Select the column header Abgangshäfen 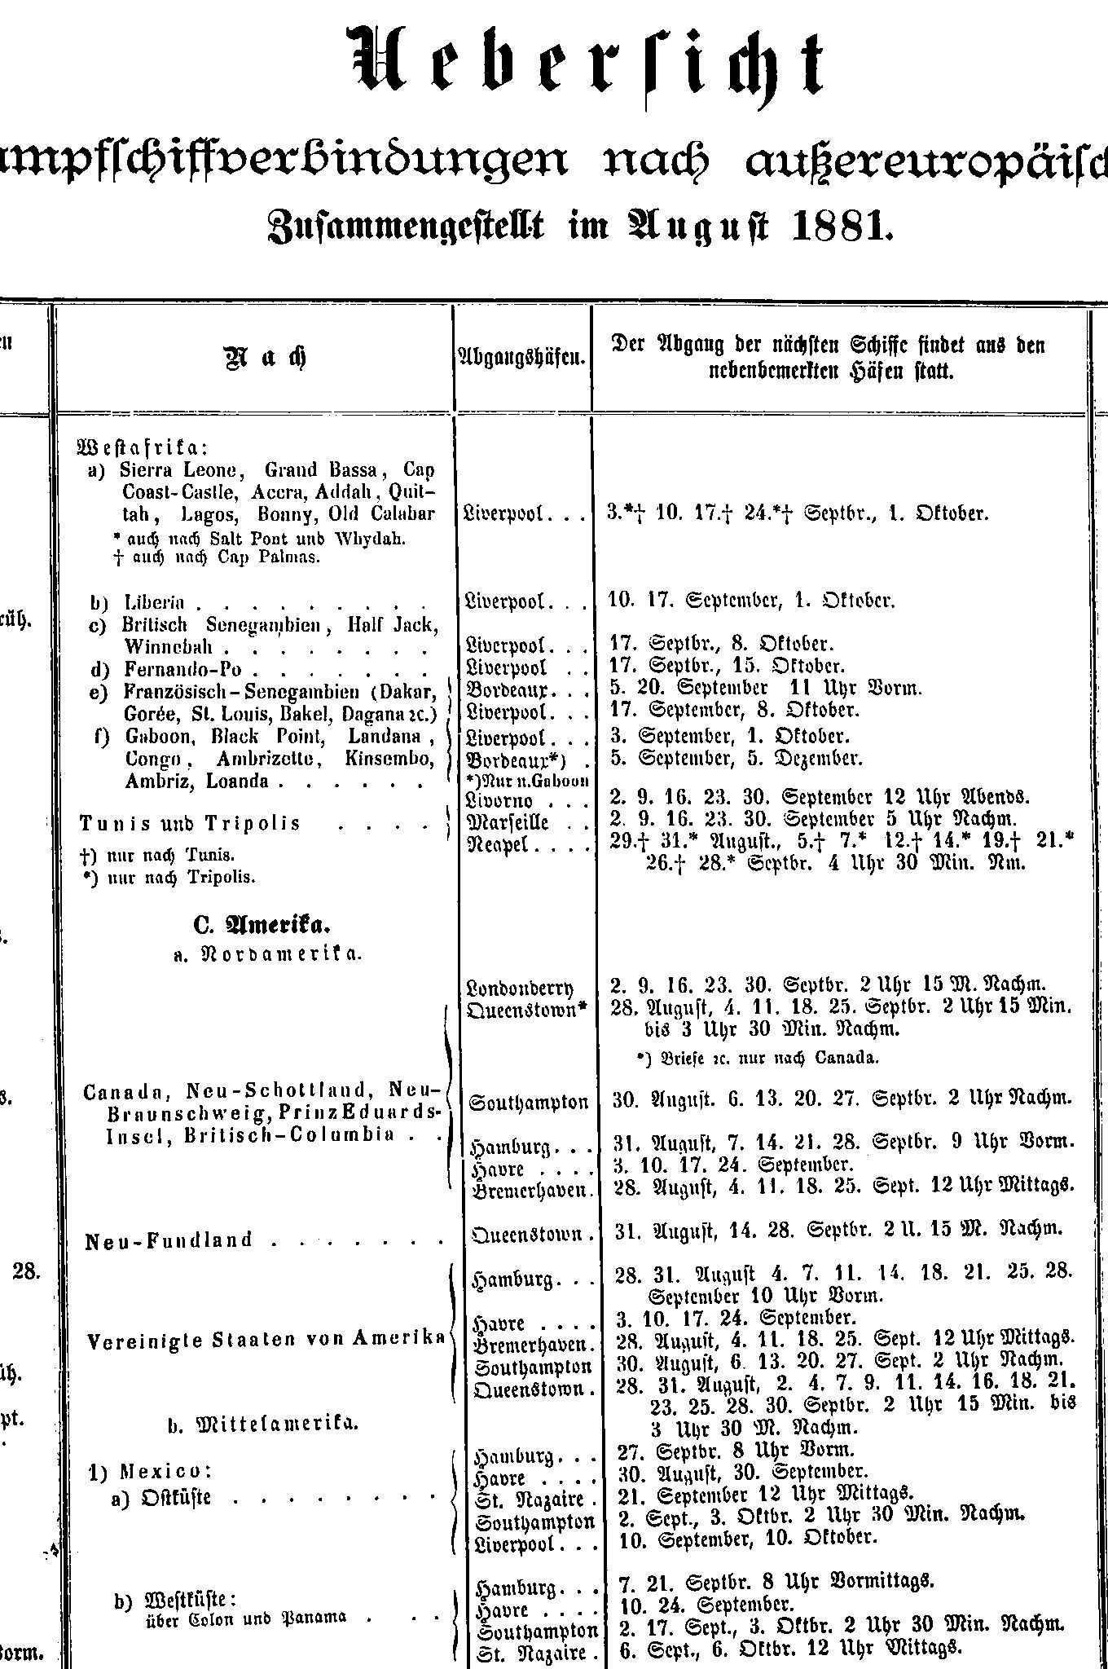pyautogui.click(x=522, y=356)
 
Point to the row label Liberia pyautogui.click(x=155, y=603)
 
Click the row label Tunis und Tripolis pyautogui.click(x=191, y=823)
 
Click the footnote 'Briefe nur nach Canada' pyautogui.click(x=758, y=1059)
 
